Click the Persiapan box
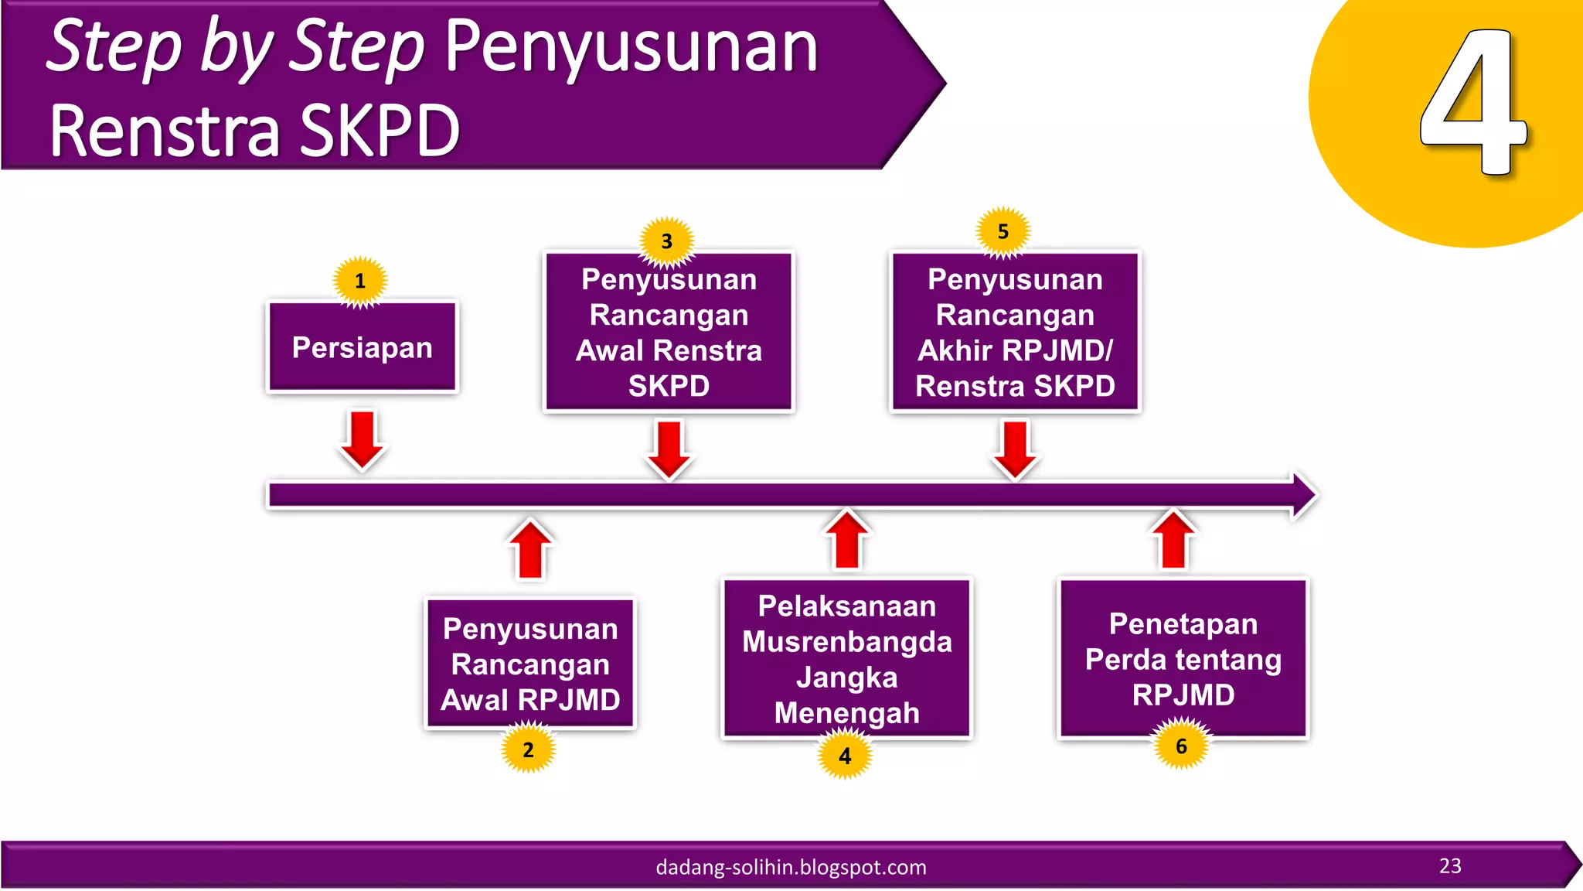click(x=362, y=347)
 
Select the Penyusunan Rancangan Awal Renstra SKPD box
click(x=669, y=333)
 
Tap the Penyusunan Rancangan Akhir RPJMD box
click(x=1015, y=333)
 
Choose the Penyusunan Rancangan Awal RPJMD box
click(x=530, y=664)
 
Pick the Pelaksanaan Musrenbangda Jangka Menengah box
click(x=846, y=659)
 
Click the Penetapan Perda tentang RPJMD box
click(x=1183, y=659)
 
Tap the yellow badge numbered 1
click(x=360, y=281)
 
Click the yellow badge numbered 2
click(x=529, y=749)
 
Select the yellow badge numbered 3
click(x=667, y=241)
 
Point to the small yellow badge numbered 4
click(x=846, y=756)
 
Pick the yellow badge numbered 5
click(x=1003, y=231)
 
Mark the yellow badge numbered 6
click(x=1182, y=746)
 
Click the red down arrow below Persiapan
click(x=362, y=439)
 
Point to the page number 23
click(x=1450, y=865)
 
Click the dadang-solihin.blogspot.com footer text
click(x=791, y=867)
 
